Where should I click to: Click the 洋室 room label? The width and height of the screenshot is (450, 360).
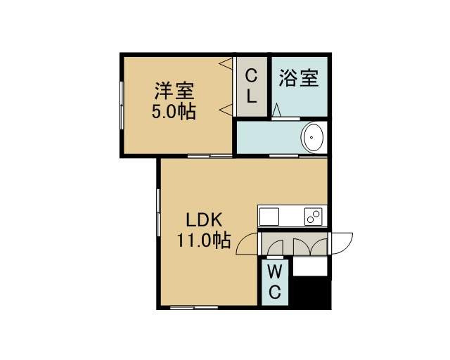[174, 91]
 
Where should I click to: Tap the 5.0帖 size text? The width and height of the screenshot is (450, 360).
[174, 111]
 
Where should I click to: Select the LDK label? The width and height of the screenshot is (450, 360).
[204, 221]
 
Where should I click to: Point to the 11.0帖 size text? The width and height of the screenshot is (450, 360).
[204, 240]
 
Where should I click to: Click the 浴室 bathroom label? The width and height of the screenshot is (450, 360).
[299, 78]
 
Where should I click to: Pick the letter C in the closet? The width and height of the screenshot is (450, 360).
[251, 76]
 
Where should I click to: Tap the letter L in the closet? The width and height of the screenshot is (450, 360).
[252, 96]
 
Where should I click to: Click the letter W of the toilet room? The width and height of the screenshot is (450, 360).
[275, 271]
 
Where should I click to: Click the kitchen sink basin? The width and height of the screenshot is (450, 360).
[269, 217]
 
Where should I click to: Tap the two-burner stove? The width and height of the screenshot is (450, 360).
[313, 217]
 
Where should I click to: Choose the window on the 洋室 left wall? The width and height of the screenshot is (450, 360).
[122, 105]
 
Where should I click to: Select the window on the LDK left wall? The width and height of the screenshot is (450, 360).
[158, 213]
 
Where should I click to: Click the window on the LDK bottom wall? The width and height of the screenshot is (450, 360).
[194, 308]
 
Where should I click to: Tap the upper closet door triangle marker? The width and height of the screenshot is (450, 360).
[226, 63]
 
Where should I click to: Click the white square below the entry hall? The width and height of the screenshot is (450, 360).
[310, 266]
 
